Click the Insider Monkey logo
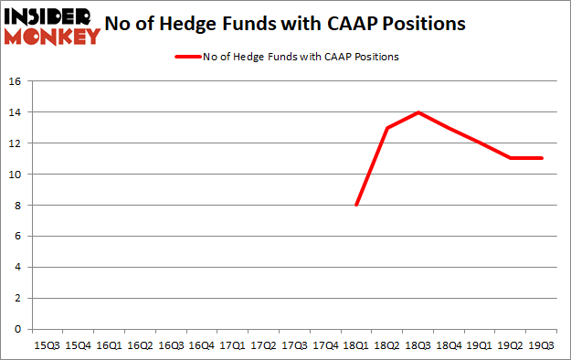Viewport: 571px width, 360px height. pyautogui.click(x=51, y=25)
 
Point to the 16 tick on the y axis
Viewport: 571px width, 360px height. pyautogui.click(x=15, y=81)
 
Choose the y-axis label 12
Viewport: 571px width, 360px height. pyautogui.click(x=15, y=143)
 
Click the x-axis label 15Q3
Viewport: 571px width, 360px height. pyautogui.click(x=47, y=345)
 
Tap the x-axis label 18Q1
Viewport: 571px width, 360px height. pyautogui.click(x=356, y=345)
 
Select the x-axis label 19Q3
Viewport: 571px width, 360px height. pyautogui.click(x=542, y=345)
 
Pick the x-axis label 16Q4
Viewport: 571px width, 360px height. pyautogui.click(x=201, y=345)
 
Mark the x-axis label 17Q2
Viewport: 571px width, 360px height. pyautogui.click(x=263, y=345)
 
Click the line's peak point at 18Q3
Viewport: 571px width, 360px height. pyautogui.click(x=418, y=112)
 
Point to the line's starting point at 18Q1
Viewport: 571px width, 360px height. pyautogui.click(x=356, y=205)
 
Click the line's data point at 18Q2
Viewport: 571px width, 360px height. pyautogui.click(x=387, y=128)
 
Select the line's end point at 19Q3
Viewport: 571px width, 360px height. pyautogui.click(x=542, y=158)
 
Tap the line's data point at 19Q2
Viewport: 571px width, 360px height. pyautogui.click(x=511, y=158)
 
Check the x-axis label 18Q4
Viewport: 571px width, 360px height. pyautogui.click(x=449, y=345)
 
